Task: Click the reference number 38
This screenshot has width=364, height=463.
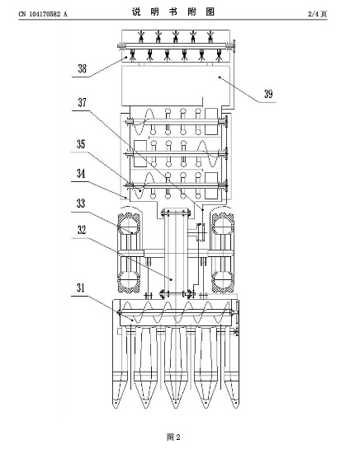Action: pyautogui.click(x=83, y=68)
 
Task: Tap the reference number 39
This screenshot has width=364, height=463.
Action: pyautogui.click(x=268, y=94)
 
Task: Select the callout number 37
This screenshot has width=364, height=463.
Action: pyautogui.click(x=83, y=102)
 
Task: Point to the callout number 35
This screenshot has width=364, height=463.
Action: pyautogui.click(x=81, y=144)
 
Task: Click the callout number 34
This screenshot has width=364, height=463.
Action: pyautogui.click(x=81, y=173)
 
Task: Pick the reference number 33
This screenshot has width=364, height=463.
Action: pyautogui.click(x=81, y=203)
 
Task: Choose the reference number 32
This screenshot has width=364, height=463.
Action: pyautogui.click(x=82, y=230)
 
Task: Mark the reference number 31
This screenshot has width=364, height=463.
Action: pyautogui.click(x=81, y=288)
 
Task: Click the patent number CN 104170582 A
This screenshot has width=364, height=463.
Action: pyautogui.click(x=43, y=14)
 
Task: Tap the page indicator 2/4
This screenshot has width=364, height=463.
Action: pyautogui.click(x=314, y=14)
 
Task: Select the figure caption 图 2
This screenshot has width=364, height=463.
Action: pyautogui.click(x=173, y=437)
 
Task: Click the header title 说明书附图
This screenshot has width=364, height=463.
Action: pyautogui.click(x=173, y=12)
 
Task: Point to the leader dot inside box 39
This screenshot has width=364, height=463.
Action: pyautogui.click(x=220, y=77)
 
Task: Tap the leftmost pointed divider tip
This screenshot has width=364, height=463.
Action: pyautogui.click(x=116, y=407)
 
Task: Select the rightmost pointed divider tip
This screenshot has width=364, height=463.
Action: pyautogui.click(x=235, y=407)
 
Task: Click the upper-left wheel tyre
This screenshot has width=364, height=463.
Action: pyautogui.click(x=129, y=223)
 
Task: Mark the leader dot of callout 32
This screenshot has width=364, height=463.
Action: pyautogui.click(x=171, y=278)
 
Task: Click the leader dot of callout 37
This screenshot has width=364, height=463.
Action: pyautogui.click(x=203, y=210)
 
